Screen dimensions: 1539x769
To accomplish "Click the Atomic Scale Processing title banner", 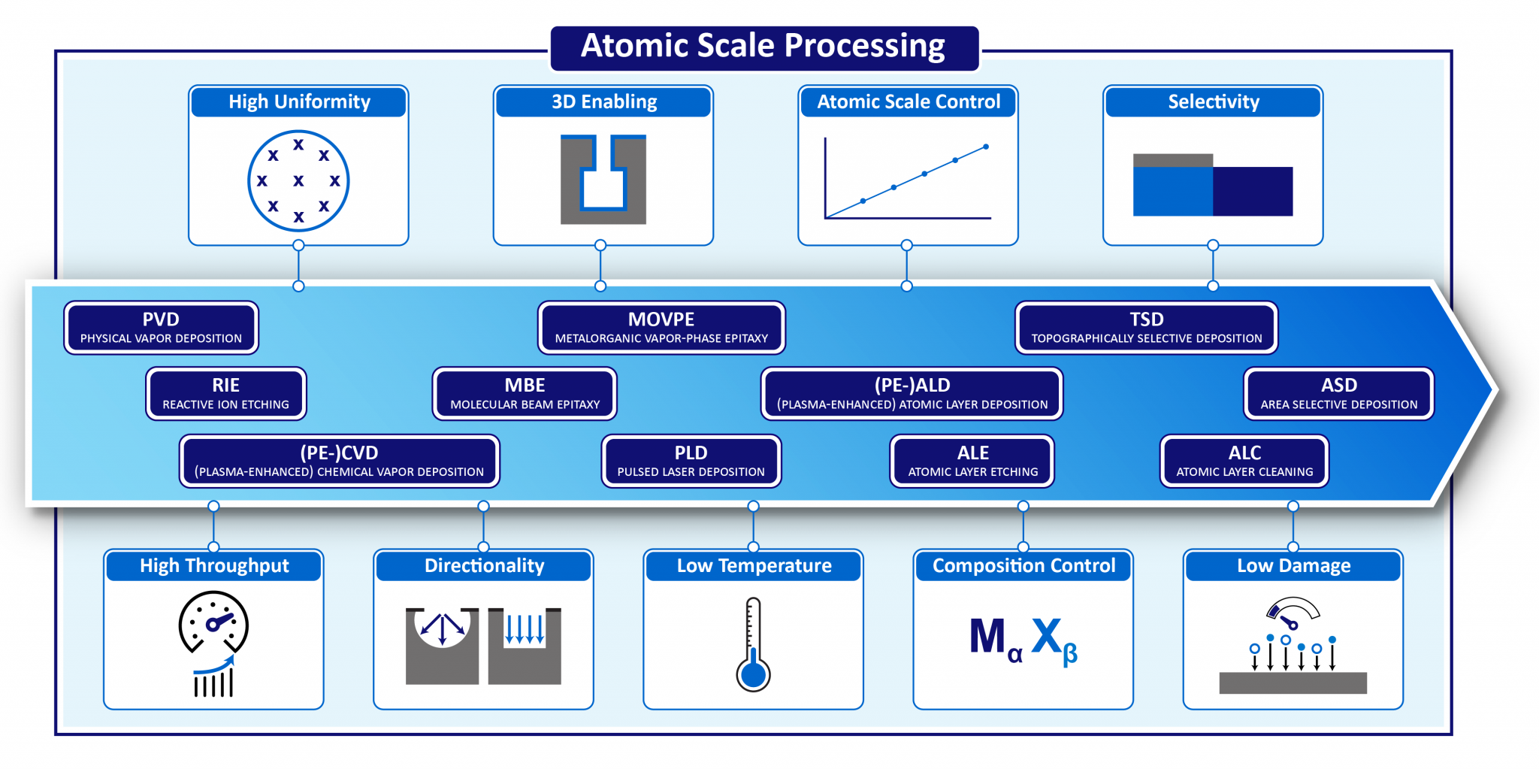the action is (x=764, y=47).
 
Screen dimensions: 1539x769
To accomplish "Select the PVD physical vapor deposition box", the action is (x=161, y=328).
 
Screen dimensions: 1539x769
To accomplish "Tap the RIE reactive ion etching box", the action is (x=225, y=393).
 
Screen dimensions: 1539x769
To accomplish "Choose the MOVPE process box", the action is (x=661, y=328).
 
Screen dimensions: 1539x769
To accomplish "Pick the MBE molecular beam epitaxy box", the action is (x=525, y=393).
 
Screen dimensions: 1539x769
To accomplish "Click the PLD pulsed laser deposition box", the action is (x=691, y=461).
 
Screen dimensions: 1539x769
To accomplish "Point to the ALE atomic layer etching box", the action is (x=972, y=461).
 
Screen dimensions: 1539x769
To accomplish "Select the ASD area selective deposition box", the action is (x=1338, y=393).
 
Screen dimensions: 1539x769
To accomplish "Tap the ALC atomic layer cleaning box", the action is (x=1244, y=461).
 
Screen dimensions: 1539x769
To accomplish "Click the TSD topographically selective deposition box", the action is (x=1146, y=328).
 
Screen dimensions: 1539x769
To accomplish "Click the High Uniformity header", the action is (x=299, y=101).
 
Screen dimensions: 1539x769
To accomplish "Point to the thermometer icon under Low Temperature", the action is (x=753, y=644).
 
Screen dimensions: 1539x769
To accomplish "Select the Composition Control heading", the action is (x=1023, y=565).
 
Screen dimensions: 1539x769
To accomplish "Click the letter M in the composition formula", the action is (x=987, y=636).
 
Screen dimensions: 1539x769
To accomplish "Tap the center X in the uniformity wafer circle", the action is (x=298, y=180).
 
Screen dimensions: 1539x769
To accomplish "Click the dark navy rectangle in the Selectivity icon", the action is (x=1253, y=191).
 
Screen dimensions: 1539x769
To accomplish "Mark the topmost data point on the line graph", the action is (x=986, y=147).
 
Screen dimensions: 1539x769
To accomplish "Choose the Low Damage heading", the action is (x=1293, y=565).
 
